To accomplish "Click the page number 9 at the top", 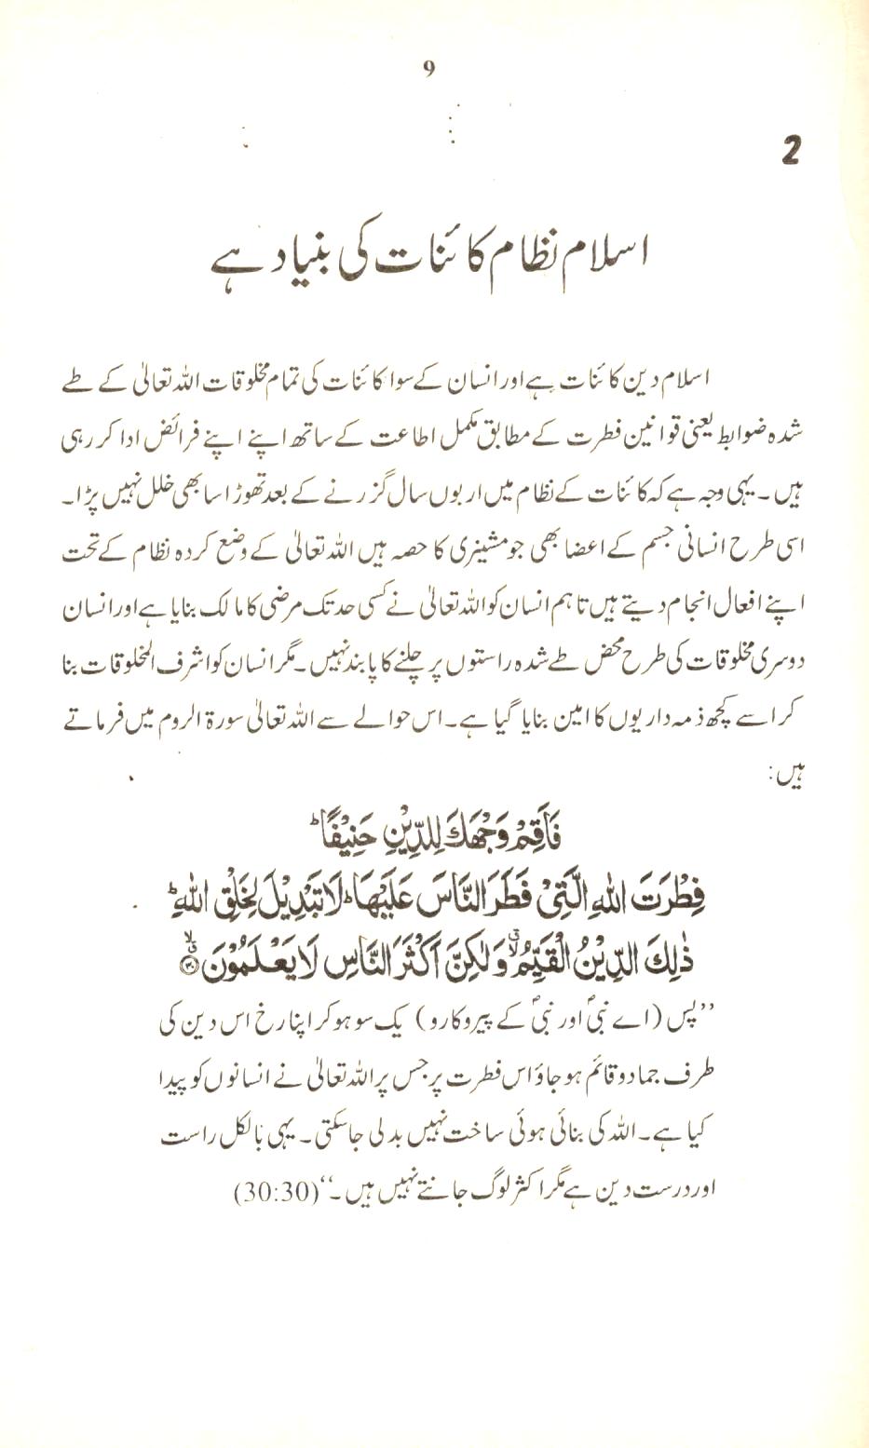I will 428,68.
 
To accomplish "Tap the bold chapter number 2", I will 791,150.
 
